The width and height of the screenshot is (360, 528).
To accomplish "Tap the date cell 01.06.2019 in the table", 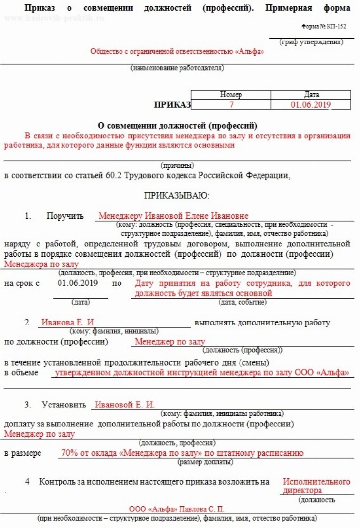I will (311, 104).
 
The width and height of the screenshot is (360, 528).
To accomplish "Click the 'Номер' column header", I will (231, 95).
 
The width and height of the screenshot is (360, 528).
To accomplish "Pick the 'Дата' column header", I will (311, 95).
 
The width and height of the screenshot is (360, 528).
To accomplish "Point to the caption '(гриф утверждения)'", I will (311, 42).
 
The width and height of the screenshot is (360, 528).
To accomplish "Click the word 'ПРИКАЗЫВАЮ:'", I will (177, 196).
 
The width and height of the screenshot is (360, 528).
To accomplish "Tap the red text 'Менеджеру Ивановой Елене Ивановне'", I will (173, 216).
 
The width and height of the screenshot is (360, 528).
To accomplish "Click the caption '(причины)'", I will (177, 165).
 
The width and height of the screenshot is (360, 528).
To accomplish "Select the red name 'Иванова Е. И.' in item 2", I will (68, 323).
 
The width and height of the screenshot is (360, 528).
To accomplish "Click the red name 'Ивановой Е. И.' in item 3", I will (124, 405).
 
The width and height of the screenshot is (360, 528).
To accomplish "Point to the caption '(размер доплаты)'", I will (205, 462).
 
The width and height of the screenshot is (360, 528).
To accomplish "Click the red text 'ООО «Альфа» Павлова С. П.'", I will (177, 508).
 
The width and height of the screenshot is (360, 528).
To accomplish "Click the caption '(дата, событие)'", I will (242, 302).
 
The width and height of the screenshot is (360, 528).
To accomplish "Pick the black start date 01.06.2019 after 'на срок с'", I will (78, 283).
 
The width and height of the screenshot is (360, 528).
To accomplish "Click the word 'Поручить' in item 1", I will (65, 216).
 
